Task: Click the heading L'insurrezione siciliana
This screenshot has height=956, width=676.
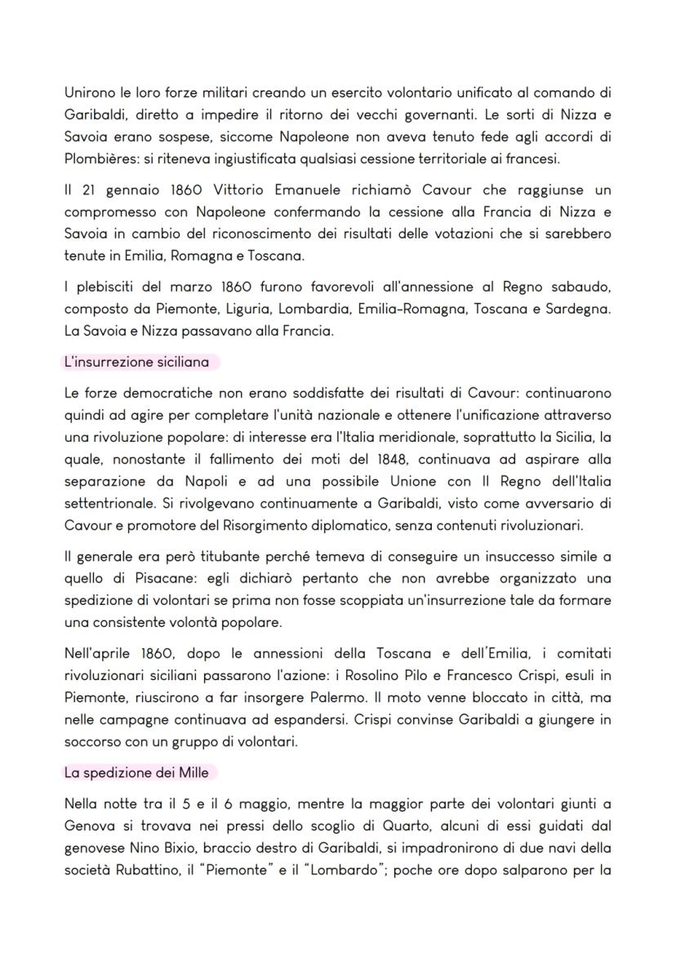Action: pos(136,361)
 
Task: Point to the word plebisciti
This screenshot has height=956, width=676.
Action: pos(110,287)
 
